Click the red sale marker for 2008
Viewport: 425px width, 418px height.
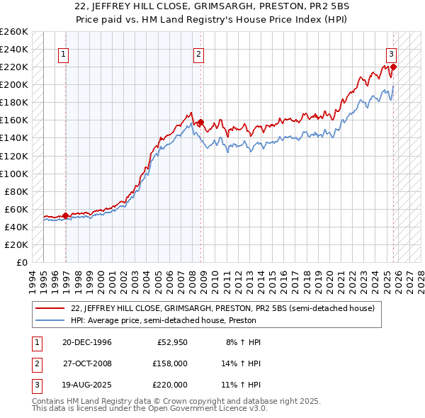click(200, 122)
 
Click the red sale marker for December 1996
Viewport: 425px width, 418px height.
click(65, 215)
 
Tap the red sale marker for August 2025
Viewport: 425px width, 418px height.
click(393, 67)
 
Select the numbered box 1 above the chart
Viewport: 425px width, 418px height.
click(63, 53)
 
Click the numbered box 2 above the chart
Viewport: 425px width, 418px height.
click(198, 53)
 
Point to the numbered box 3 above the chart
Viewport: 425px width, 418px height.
click(390, 53)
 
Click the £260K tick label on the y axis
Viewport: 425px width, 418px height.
click(14, 32)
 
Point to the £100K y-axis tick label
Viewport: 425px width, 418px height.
click(14, 174)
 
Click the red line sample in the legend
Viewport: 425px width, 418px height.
click(51, 309)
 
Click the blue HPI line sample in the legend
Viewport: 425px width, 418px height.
click(51, 321)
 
